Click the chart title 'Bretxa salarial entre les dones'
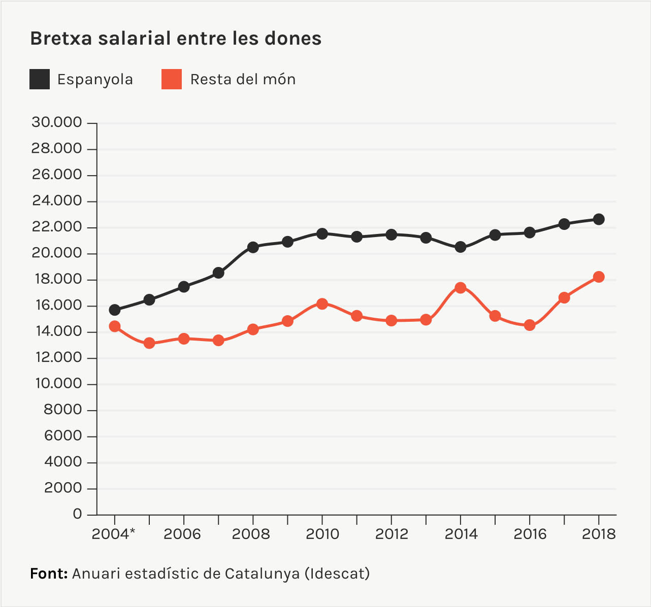tap(176, 39)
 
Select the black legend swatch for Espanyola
tap(40, 79)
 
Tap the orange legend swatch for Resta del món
tap(172, 79)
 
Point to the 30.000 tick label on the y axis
tap(56, 122)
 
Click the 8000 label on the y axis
tap(63, 410)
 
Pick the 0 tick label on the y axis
tap(77, 514)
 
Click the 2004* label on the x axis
tap(114, 534)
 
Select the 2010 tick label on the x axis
tap(322, 534)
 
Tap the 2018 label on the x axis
tap(599, 534)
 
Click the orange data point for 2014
tap(461, 288)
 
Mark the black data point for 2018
tap(599, 219)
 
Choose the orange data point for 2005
tap(149, 343)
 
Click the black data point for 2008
tap(253, 247)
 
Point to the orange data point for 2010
tap(322, 304)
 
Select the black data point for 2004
tap(115, 310)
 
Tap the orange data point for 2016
tap(530, 325)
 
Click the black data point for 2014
tap(461, 247)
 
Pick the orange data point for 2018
tap(599, 277)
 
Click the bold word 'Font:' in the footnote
tap(49, 574)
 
